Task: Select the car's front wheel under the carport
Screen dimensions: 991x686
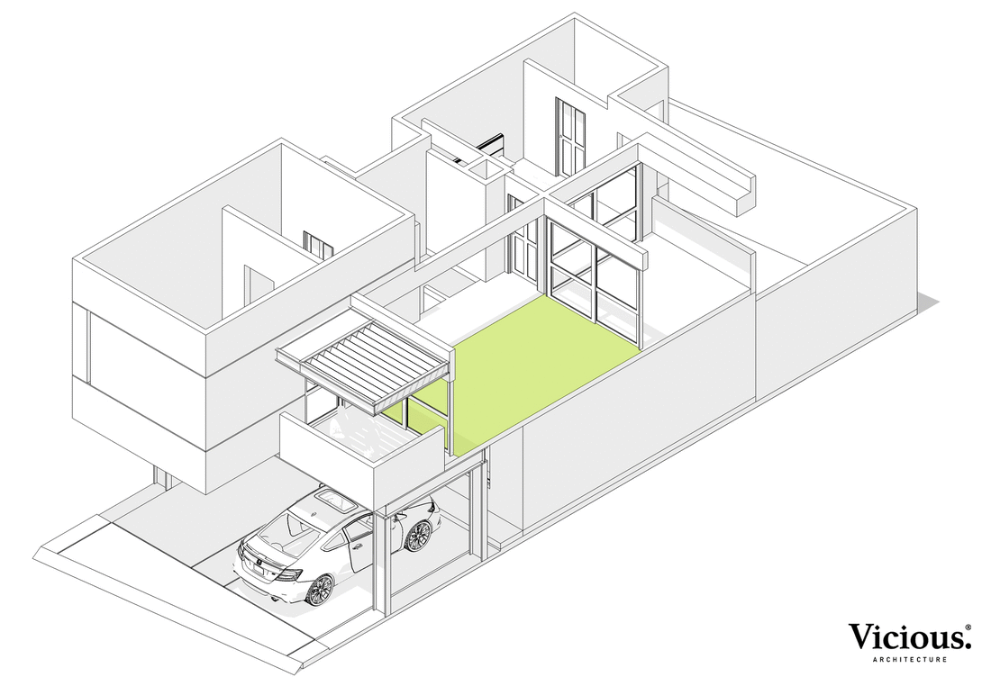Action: coord(417,536)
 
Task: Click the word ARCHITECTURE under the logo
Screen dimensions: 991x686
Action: coord(909,660)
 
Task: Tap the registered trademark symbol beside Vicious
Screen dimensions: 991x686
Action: coord(968,627)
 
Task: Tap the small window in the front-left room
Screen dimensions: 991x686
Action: coord(318,244)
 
